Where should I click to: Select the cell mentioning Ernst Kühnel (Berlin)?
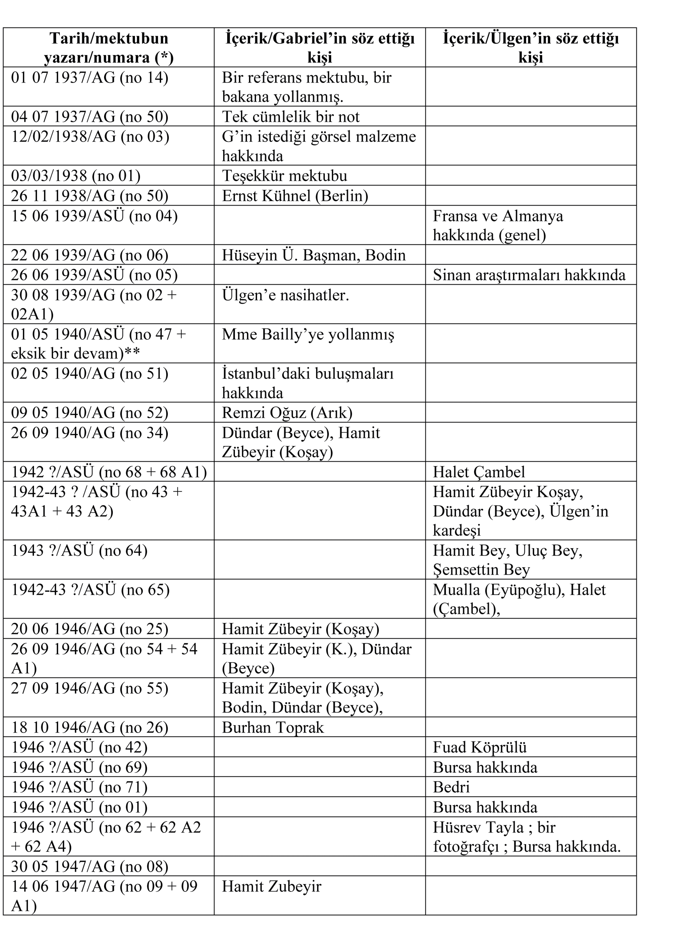[295, 195]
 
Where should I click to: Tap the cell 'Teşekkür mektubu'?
[285, 175]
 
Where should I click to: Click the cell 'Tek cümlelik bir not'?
[290, 116]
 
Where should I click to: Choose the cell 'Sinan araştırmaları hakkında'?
[529, 275]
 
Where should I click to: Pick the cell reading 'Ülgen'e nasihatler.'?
[285, 295]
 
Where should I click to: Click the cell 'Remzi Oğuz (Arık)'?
[287, 412]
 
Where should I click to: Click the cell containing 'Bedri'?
[451, 787]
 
